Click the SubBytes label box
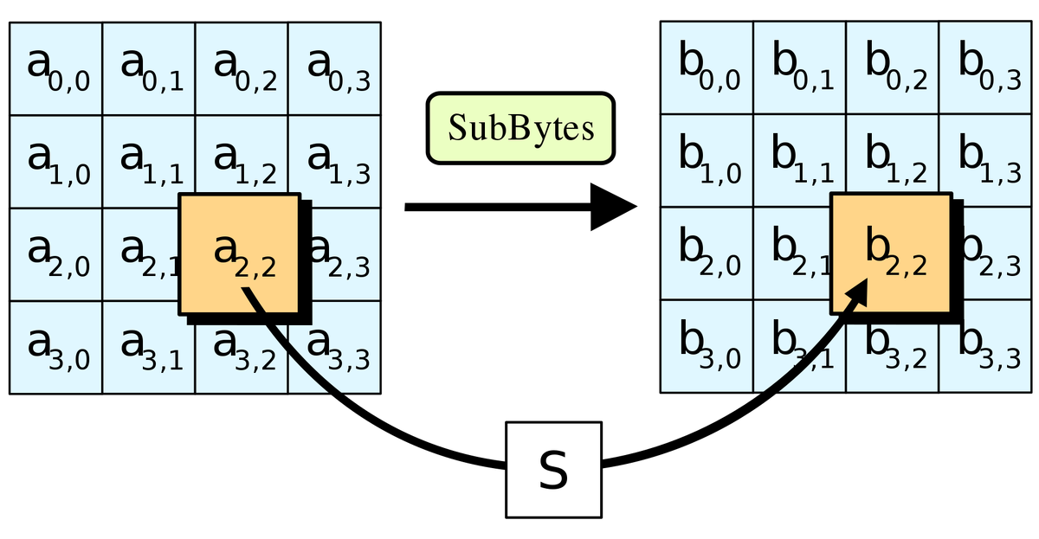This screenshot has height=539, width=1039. pyautogui.click(x=520, y=129)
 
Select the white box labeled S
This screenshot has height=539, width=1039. pyautogui.click(x=553, y=470)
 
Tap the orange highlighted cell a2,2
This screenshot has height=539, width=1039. pyautogui.click(x=239, y=253)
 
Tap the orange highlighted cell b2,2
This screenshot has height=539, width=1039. pyautogui.click(x=890, y=253)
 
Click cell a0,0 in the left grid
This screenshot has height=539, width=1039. pyautogui.click(x=56, y=69)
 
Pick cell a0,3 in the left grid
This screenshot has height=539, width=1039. pyautogui.click(x=334, y=69)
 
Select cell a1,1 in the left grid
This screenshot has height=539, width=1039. pyautogui.click(x=149, y=162)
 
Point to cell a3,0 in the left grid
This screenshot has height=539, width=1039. pyautogui.click(x=56, y=347)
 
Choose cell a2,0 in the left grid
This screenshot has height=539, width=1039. pyautogui.click(x=56, y=254)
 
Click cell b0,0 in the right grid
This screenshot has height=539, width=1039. pyautogui.click(x=707, y=69)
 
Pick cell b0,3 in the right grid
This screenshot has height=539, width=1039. pyautogui.click(x=985, y=69)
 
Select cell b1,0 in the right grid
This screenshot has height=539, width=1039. pyautogui.click(x=707, y=162)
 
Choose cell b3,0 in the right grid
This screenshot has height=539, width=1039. pyautogui.click(x=707, y=347)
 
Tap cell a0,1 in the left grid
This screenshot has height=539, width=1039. pyautogui.click(x=149, y=69)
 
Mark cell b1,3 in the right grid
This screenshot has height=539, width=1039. pyautogui.click(x=985, y=162)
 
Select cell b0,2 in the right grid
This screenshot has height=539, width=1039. pyautogui.click(x=893, y=69)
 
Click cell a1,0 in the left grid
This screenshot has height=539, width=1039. pyautogui.click(x=56, y=162)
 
